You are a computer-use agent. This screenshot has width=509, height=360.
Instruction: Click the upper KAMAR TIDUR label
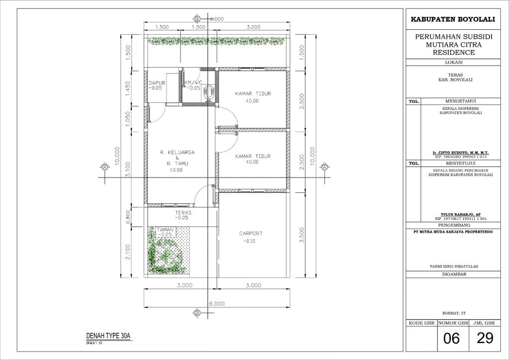tap(253, 93)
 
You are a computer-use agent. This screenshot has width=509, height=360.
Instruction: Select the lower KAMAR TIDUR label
tap(253, 156)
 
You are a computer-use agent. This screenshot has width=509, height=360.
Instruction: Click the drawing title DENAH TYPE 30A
tap(108, 336)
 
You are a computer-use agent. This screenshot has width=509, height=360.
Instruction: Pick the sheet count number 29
tap(484, 339)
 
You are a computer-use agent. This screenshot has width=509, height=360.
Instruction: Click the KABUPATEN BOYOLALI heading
tap(452, 19)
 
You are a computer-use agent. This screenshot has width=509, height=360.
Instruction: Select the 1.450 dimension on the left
tap(128, 88)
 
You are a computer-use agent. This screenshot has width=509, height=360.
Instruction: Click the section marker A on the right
tap(324, 168)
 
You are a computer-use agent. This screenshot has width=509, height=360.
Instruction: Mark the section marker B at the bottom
tap(197, 312)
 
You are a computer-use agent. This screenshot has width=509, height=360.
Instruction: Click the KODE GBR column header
tap(422, 323)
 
